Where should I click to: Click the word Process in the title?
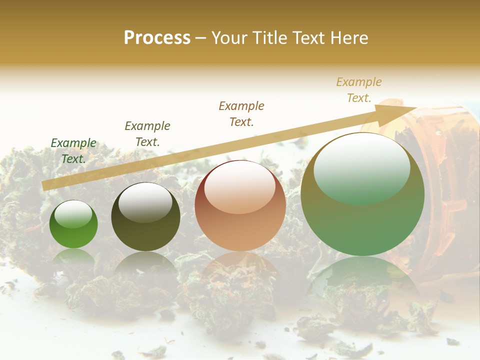click(x=157, y=38)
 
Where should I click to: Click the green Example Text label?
click(x=73, y=151)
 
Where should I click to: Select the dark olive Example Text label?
click(x=147, y=133)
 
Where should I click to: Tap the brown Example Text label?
click(x=241, y=113)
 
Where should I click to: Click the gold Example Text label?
click(x=359, y=90)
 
